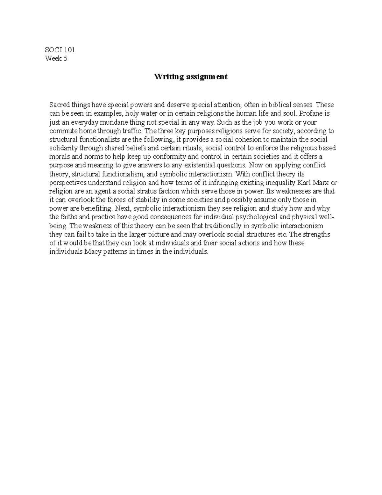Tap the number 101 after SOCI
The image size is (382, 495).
click(x=69, y=50)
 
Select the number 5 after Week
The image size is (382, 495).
click(x=65, y=58)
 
